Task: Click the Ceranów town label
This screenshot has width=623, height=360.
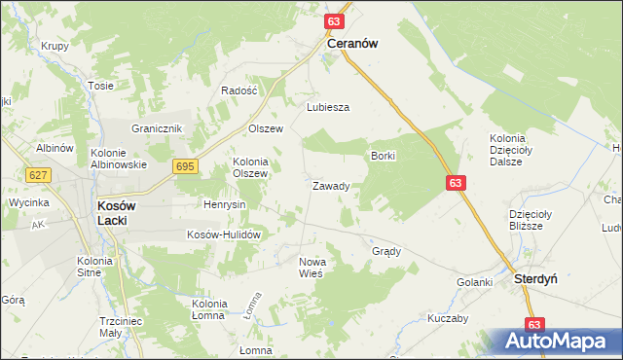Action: pyautogui.click(x=352, y=44)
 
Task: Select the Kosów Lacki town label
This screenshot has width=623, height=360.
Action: pyautogui.click(x=116, y=213)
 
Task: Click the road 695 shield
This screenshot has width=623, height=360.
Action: pyautogui.click(x=186, y=167)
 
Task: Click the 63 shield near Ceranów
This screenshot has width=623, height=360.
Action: pyautogui.click(x=334, y=20)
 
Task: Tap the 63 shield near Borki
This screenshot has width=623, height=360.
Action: pyautogui.click(x=457, y=183)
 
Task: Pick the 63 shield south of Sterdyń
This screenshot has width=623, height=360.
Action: pyautogui.click(x=533, y=324)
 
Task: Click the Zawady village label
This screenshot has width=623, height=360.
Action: pyautogui.click(x=331, y=186)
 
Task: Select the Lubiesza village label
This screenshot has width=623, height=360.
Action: pyautogui.click(x=328, y=108)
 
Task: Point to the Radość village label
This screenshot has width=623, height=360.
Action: pyautogui.click(x=238, y=90)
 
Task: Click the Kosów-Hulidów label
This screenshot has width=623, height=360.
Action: pyautogui.click(x=225, y=235)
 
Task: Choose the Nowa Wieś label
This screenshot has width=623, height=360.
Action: pyautogui.click(x=311, y=268)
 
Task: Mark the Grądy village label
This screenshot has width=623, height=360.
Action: pyautogui.click(x=386, y=251)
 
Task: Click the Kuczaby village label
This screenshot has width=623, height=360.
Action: pyautogui.click(x=448, y=318)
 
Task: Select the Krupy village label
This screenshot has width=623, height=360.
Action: pyautogui.click(x=55, y=47)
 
